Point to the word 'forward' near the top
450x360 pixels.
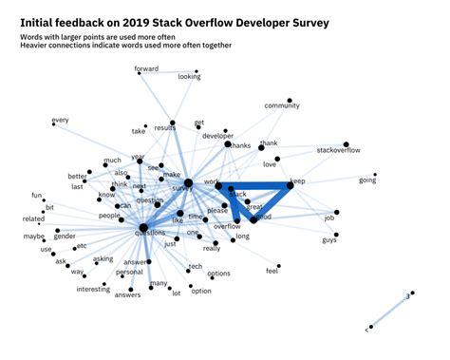(x=146, y=69)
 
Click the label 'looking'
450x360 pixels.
(x=190, y=77)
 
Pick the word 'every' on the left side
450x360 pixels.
(x=61, y=120)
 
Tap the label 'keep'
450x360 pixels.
(x=297, y=180)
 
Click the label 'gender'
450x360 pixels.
(x=65, y=236)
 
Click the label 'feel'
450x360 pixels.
(x=272, y=272)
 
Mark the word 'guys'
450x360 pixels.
(x=328, y=238)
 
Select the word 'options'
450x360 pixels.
(x=218, y=274)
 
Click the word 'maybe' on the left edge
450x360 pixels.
(x=34, y=236)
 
